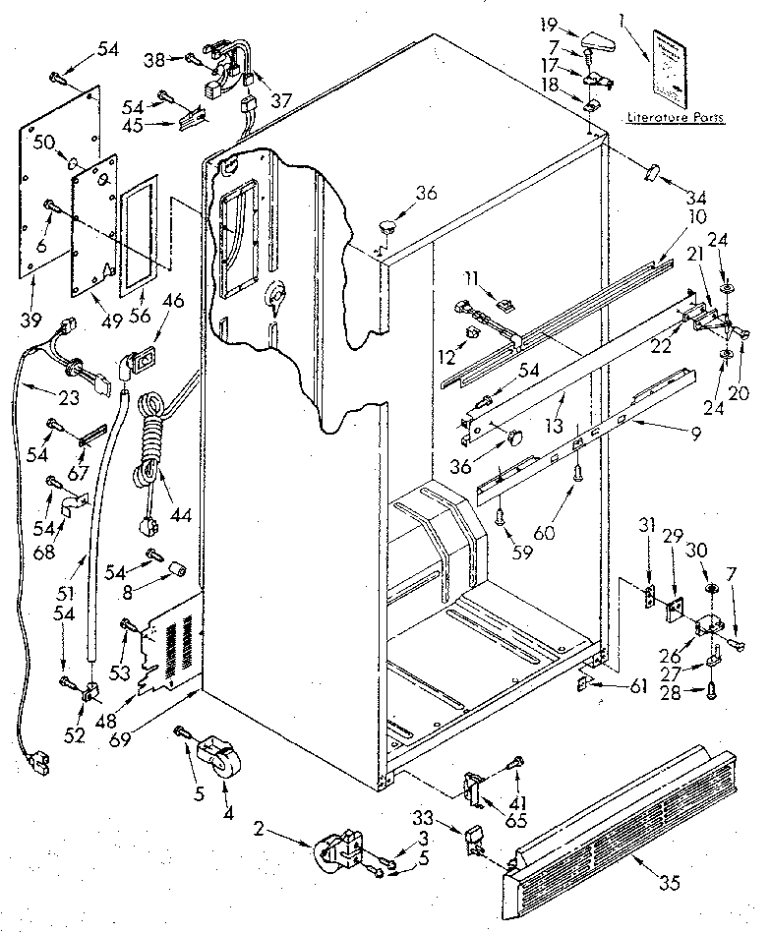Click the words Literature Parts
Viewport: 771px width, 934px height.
[675, 118]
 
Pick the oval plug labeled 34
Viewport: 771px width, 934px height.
[653, 173]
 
